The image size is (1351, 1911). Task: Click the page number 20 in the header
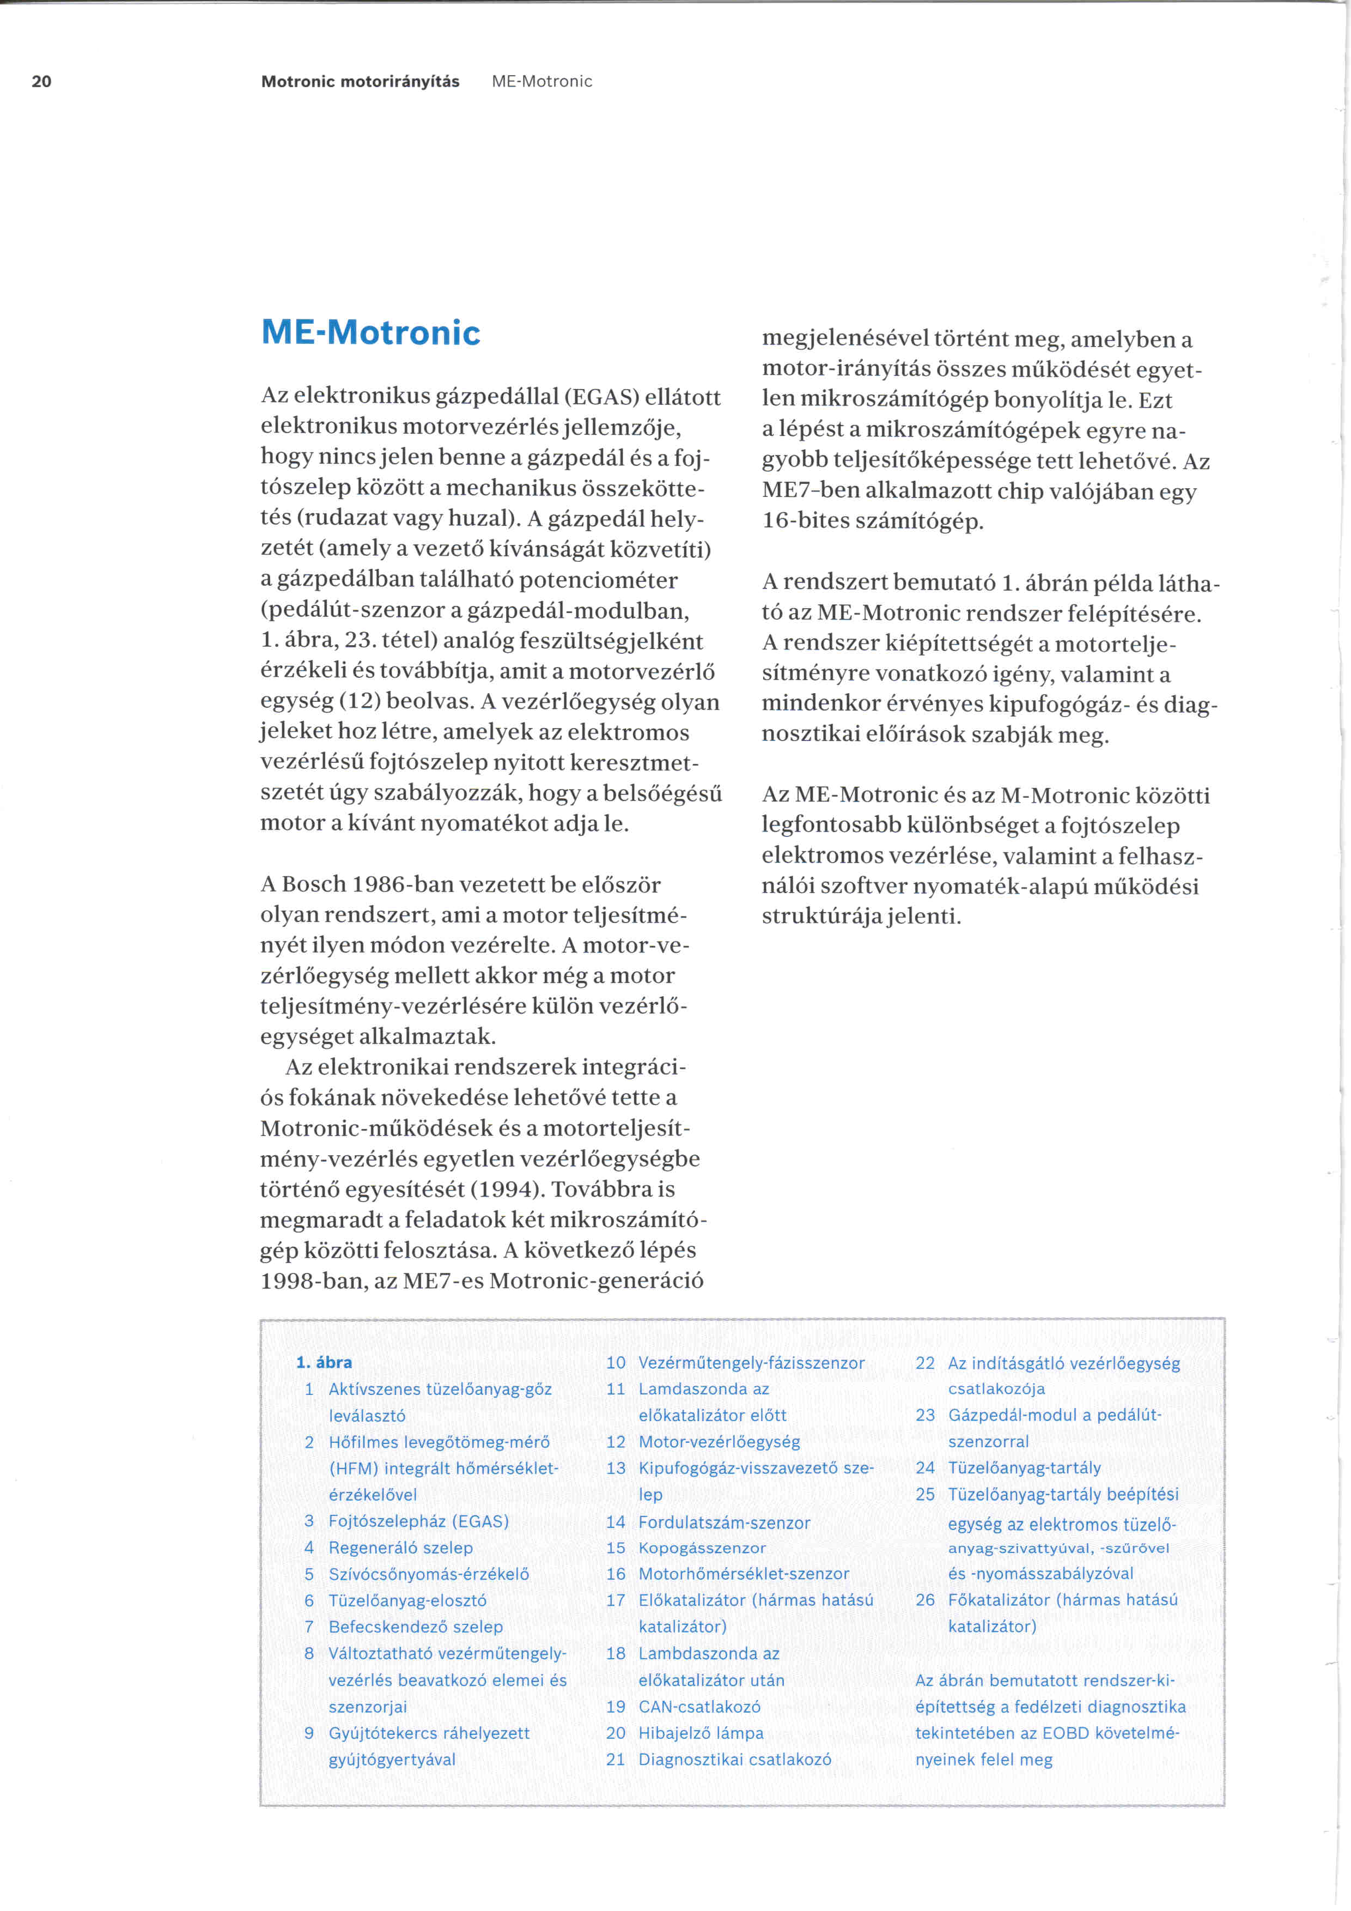41,82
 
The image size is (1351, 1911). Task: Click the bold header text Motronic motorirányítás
360,82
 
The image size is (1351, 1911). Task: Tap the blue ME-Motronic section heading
371,333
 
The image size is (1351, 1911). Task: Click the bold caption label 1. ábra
324,1362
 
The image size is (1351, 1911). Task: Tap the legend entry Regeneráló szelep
400,1548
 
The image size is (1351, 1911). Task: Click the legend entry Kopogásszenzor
701,1548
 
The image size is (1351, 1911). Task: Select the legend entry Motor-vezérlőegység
719,1442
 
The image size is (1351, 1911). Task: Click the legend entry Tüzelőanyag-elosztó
407,1600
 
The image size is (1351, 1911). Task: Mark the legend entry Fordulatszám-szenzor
724,1522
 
